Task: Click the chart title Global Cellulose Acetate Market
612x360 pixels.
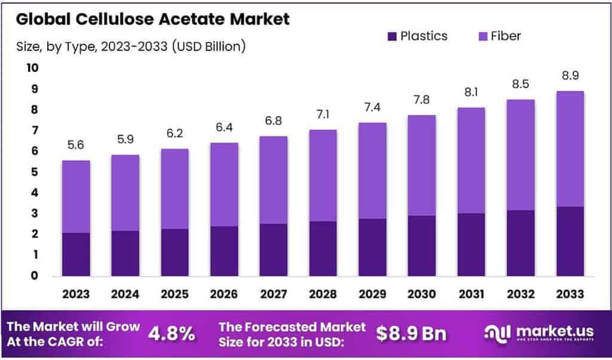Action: point(152,19)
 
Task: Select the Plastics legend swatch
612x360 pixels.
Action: point(392,36)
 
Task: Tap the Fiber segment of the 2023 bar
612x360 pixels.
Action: point(76,197)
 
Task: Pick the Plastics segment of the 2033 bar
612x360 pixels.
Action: point(570,242)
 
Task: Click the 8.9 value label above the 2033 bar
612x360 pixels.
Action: point(570,76)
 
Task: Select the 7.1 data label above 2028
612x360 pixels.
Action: point(323,115)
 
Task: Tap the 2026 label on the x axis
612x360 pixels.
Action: point(224,294)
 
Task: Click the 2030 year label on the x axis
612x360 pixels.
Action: point(421,294)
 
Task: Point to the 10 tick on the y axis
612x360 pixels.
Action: point(32,68)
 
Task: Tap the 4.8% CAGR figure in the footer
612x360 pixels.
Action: point(171,334)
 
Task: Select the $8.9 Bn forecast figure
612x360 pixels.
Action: point(411,334)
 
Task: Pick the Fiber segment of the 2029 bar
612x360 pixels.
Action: point(372,171)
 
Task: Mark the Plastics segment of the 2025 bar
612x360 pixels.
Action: point(175,252)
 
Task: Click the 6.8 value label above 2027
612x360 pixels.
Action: point(273,121)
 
